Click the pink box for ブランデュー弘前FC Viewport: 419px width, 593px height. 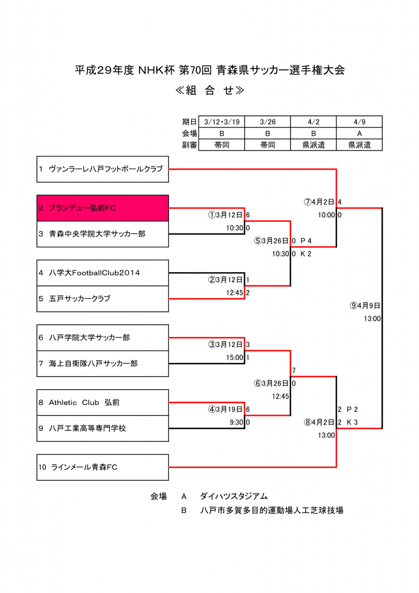click(102, 208)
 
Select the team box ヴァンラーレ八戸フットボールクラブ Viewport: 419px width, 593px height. click(102, 169)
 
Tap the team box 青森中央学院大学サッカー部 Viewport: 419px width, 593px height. click(102, 234)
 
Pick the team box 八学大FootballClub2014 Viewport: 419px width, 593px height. click(102, 273)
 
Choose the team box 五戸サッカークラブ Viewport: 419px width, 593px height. click(102, 299)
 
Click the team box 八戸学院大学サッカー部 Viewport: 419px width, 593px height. click(102, 338)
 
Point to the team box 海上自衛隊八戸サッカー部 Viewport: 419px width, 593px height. click(102, 364)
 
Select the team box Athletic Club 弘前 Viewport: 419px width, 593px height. click(102, 402)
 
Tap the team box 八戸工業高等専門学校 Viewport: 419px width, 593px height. click(102, 429)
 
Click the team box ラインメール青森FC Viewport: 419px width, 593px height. click(102, 467)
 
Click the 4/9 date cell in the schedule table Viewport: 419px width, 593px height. click(359, 122)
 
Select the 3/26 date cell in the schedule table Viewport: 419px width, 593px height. click(267, 122)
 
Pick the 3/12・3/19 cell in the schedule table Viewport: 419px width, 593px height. click(222, 122)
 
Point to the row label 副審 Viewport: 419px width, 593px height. click(189, 145)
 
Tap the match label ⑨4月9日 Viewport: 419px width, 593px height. click(365, 306)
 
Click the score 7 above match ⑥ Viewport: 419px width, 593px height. click(294, 371)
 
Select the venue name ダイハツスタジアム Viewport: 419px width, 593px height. click(234, 496)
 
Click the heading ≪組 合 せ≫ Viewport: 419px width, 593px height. click(209, 91)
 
